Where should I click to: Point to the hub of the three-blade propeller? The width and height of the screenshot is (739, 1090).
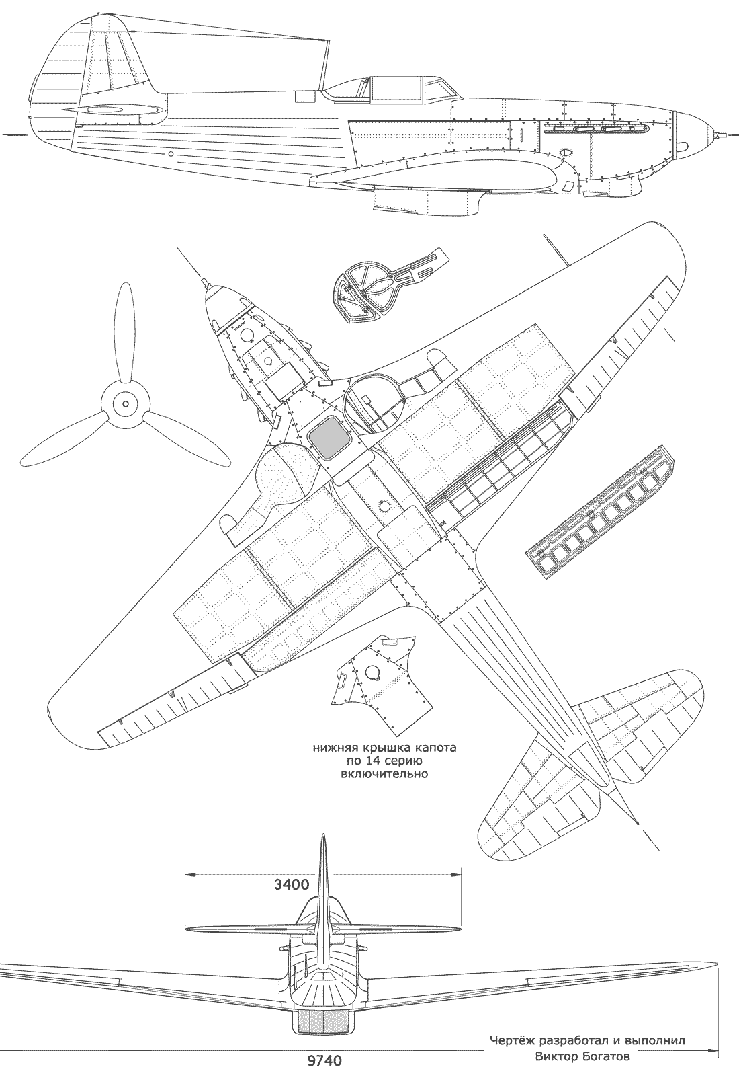coord(124,404)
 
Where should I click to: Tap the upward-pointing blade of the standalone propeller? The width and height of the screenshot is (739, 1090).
coord(123,329)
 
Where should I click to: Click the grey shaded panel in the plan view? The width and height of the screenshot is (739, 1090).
coord(327,436)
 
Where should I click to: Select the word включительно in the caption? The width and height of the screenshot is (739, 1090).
coord(381,774)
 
